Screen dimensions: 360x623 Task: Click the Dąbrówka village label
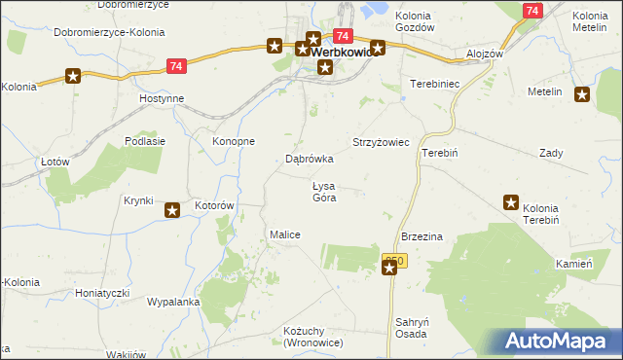pos(310,158)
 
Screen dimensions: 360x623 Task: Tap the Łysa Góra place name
pos(324,192)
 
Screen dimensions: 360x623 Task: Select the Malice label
pos(284,235)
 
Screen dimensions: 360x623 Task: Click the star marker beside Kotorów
pos(172,209)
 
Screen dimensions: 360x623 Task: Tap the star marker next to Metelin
pos(582,94)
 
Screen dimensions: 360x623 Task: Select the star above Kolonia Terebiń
pos(511,202)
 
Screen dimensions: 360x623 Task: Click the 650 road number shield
pos(392,261)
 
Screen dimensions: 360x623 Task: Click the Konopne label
pos(234,141)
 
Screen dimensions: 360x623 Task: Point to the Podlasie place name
pos(144,141)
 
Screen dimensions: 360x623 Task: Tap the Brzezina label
pos(422,236)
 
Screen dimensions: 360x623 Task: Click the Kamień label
pos(574,264)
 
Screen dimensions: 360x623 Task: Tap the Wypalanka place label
pos(173,302)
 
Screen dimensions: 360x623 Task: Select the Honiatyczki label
pos(102,292)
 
